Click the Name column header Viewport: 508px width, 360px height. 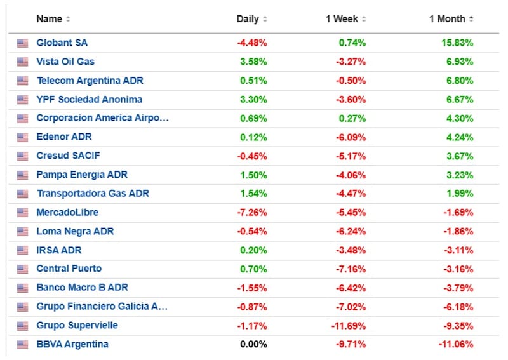(50, 19)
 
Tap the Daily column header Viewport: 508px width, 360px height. (248, 19)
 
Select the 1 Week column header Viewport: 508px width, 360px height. (342, 19)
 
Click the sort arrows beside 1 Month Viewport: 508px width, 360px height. (471, 19)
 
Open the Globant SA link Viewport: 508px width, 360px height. (62, 43)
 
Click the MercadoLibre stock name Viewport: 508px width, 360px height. (67, 213)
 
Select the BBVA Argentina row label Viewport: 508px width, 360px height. (72, 344)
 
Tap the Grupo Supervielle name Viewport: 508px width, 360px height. (77, 325)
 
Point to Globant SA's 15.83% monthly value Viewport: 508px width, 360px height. (457, 43)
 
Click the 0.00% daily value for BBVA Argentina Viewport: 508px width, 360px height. (253, 344)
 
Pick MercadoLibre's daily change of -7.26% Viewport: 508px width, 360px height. (252, 213)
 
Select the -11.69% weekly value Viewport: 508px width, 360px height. (348, 326)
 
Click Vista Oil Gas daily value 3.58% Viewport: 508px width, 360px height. (253, 62)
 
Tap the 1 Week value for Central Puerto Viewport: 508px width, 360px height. (351, 269)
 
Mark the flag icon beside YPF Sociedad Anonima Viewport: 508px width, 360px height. (22, 100)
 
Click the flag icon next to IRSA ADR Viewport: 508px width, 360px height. (22, 251)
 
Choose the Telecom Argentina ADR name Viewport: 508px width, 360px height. (90, 81)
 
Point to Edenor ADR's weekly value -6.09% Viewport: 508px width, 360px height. (351, 137)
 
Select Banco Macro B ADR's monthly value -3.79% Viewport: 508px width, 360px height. (458, 288)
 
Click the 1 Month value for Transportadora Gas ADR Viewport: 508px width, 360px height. (460, 194)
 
